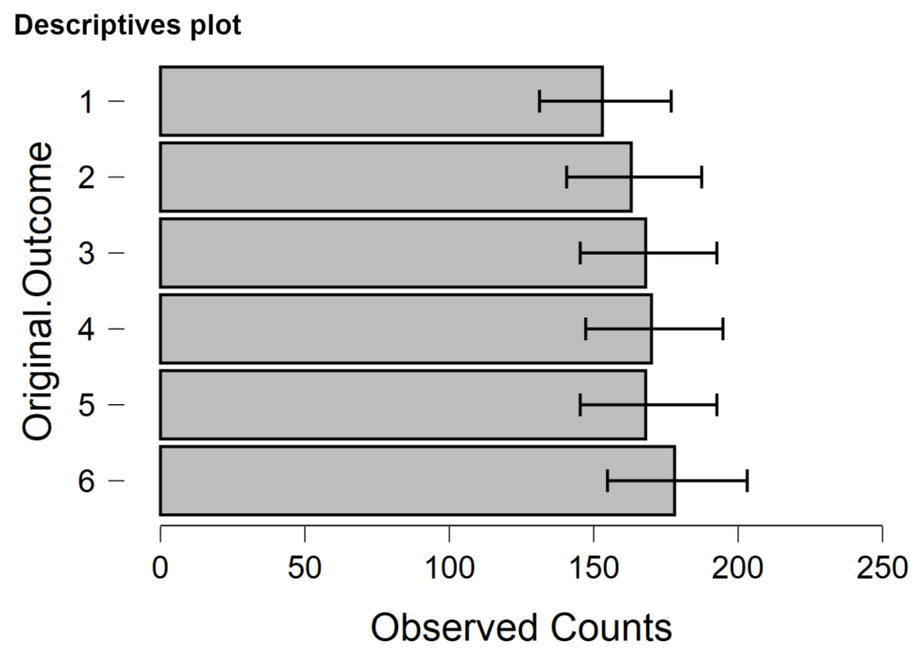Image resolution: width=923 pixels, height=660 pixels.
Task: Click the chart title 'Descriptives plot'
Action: (128, 26)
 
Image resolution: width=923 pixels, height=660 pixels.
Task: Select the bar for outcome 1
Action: (361, 101)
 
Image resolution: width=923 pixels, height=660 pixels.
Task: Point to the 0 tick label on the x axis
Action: (160, 569)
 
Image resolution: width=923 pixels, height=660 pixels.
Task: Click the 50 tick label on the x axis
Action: (305, 569)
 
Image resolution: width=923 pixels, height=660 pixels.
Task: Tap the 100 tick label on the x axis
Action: (449, 569)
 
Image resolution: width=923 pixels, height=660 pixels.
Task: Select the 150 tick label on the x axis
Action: (593, 569)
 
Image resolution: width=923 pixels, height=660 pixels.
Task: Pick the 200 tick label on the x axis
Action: (738, 569)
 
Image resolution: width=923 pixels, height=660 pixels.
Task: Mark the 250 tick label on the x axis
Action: (882, 569)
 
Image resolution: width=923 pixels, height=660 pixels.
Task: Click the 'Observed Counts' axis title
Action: (521, 628)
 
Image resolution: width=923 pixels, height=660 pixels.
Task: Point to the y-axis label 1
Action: (87, 102)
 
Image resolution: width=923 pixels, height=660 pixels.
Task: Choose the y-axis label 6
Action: (87, 481)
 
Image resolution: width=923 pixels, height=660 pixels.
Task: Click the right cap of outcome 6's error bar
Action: (747, 481)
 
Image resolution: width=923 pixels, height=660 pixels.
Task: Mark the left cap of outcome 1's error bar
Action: (539, 101)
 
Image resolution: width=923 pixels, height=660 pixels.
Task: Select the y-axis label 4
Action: (87, 329)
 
